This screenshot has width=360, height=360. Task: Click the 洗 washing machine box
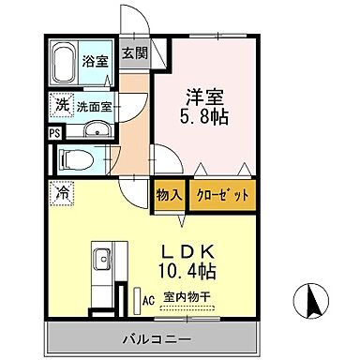[x=59, y=106]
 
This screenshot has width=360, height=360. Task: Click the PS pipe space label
[x=52, y=132]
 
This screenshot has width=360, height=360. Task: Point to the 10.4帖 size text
[x=188, y=274]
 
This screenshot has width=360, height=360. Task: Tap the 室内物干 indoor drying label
[x=187, y=299]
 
